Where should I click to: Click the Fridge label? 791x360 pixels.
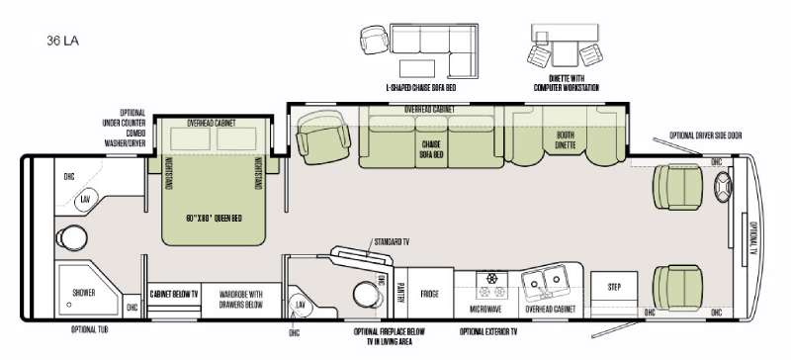429,293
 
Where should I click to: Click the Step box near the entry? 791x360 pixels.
613,286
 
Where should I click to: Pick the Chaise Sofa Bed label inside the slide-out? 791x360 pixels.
430,148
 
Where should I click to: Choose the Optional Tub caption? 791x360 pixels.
90,329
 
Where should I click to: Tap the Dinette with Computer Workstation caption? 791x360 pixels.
566,81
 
